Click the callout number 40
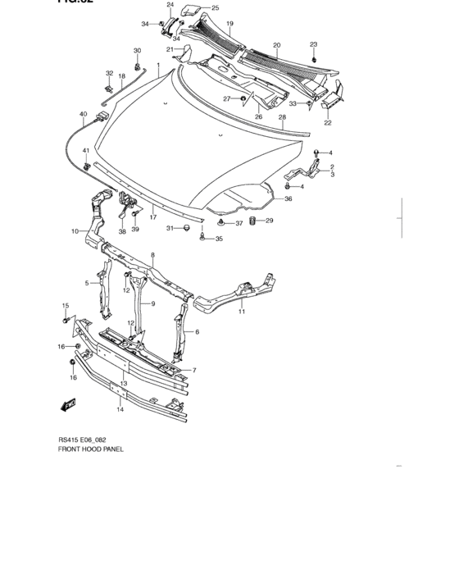83,114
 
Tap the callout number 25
216,7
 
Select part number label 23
313,44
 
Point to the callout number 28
283,117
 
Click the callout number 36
288,199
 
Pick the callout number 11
242,312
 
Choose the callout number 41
85,151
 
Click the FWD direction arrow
69,403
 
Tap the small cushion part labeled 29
253,221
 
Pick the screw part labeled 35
202,237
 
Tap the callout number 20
277,45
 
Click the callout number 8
152,256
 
